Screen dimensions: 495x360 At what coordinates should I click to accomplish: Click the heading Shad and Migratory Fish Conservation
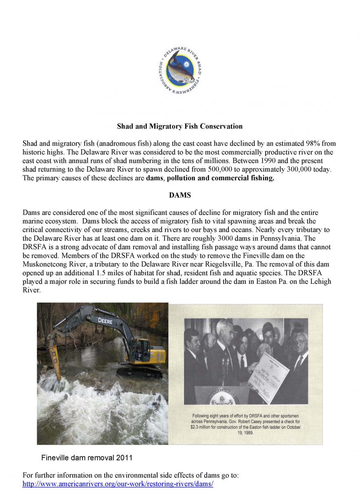click(180, 126)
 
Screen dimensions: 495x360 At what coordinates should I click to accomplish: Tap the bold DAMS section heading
click(179, 195)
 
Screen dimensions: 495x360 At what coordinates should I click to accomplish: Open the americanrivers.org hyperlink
click(118, 483)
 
